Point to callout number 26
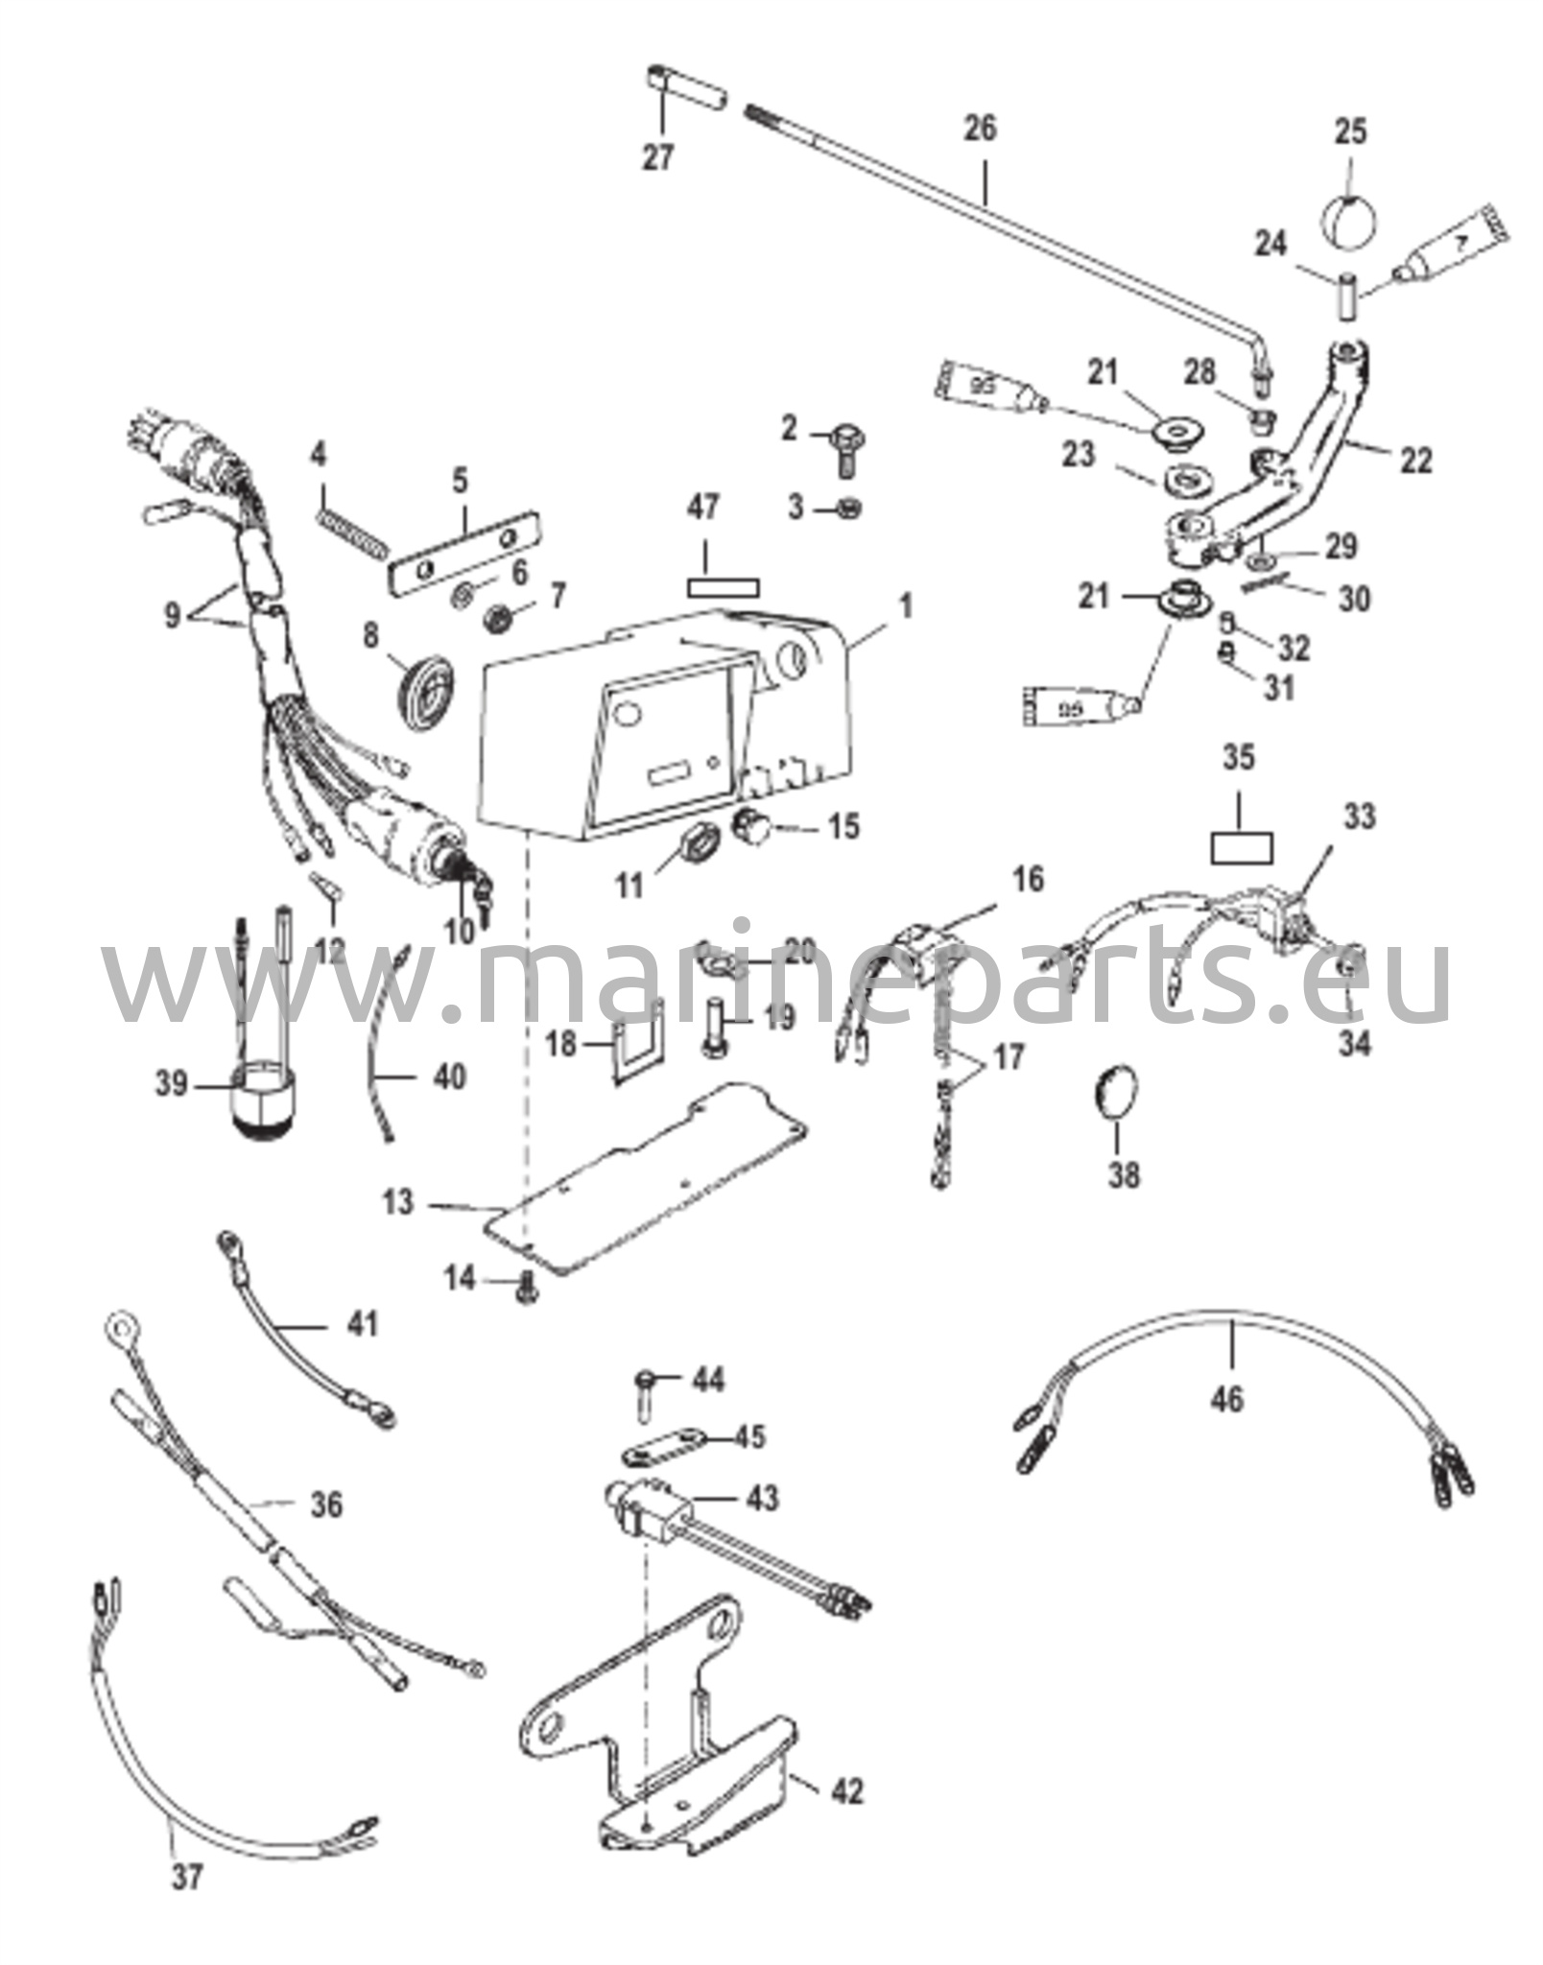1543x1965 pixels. pos(980,129)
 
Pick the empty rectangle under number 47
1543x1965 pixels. pos(722,585)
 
